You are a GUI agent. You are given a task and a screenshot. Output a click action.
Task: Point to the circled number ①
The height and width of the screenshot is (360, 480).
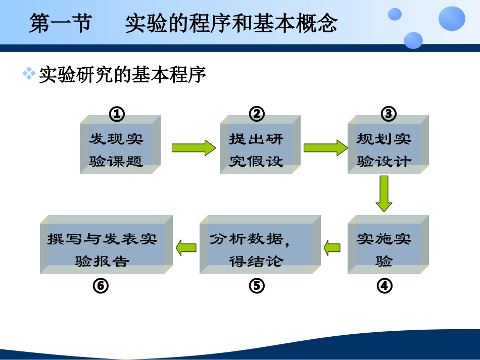click(x=117, y=114)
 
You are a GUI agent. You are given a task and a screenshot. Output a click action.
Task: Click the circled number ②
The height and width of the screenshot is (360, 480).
click(x=257, y=114)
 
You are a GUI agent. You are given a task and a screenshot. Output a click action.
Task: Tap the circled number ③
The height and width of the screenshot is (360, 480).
click(x=388, y=114)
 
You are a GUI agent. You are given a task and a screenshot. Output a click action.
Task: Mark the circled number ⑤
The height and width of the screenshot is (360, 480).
click(x=257, y=286)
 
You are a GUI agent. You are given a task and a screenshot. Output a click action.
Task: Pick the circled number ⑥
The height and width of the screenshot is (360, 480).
click(x=101, y=286)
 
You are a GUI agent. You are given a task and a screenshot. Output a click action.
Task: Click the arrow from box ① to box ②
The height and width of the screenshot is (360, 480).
click(x=194, y=147)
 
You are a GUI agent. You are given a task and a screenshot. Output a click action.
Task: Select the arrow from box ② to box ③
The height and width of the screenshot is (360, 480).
click(x=325, y=147)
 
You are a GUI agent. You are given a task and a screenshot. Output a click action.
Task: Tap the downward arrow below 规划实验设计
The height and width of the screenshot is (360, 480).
click(x=384, y=193)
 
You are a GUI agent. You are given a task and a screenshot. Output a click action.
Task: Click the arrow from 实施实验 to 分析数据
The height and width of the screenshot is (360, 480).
click(x=332, y=247)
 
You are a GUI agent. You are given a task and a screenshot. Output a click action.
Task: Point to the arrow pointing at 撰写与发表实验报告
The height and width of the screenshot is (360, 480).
click(x=185, y=247)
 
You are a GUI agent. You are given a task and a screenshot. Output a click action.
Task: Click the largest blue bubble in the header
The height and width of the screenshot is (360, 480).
click(x=451, y=19)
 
